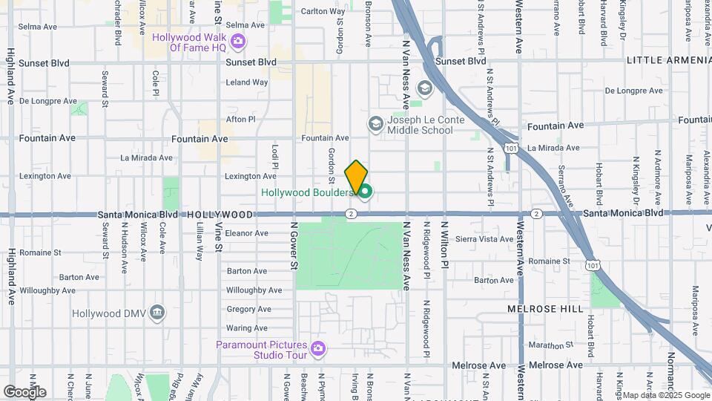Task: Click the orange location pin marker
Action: click(356, 177)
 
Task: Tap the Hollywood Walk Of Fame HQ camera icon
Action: click(237, 41)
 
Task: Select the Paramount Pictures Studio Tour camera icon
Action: click(318, 348)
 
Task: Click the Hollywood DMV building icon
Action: click(156, 313)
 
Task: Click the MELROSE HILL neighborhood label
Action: click(558, 307)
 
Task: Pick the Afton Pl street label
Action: click(240, 119)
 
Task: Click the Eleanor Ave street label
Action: click(247, 233)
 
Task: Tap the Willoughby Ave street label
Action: click(254, 290)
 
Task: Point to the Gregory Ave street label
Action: click(248, 310)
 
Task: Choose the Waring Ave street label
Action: click(247, 328)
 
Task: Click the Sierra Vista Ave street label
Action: click(484, 239)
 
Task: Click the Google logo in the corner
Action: click(24, 391)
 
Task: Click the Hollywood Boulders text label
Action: click(307, 193)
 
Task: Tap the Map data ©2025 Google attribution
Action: click(666, 395)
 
